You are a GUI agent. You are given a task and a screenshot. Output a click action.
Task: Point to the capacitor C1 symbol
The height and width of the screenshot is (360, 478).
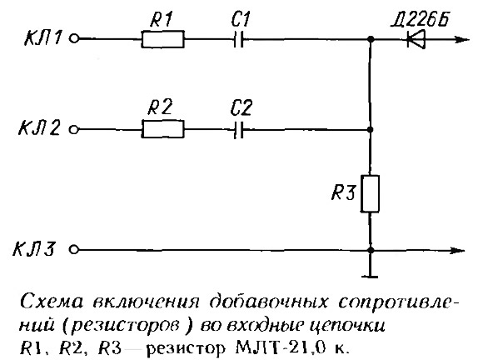pos(238,39)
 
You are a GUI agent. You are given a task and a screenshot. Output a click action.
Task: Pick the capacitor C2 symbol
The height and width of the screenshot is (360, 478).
pos(238,130)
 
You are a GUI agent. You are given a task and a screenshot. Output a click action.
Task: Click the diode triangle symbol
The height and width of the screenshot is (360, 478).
pos(416,39)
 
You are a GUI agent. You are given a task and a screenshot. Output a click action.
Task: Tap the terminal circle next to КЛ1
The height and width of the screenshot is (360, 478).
pos(74,38)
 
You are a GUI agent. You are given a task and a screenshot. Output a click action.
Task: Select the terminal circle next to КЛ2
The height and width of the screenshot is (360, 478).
pos(74,130)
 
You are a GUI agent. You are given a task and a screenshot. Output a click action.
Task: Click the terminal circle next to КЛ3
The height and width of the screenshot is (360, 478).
pos(74,249)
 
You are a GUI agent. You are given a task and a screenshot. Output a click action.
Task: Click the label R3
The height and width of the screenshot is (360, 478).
pos(344,192)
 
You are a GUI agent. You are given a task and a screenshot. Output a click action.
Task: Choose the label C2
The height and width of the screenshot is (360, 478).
pos(241,108)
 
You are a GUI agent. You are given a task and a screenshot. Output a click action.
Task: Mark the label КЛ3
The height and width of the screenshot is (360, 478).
pos(34,249)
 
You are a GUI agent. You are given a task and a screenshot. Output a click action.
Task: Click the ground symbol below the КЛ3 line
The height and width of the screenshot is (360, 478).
pos(370,277)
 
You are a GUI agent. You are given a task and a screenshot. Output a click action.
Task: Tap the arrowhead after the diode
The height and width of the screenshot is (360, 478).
pos(461,39)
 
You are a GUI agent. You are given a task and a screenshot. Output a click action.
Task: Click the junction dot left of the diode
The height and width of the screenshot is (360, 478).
pos(371,39)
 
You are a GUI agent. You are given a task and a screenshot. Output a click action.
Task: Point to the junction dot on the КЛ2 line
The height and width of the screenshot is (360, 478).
pos(370,130)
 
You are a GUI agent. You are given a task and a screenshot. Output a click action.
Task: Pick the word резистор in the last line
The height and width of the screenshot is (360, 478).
pos(186,348)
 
